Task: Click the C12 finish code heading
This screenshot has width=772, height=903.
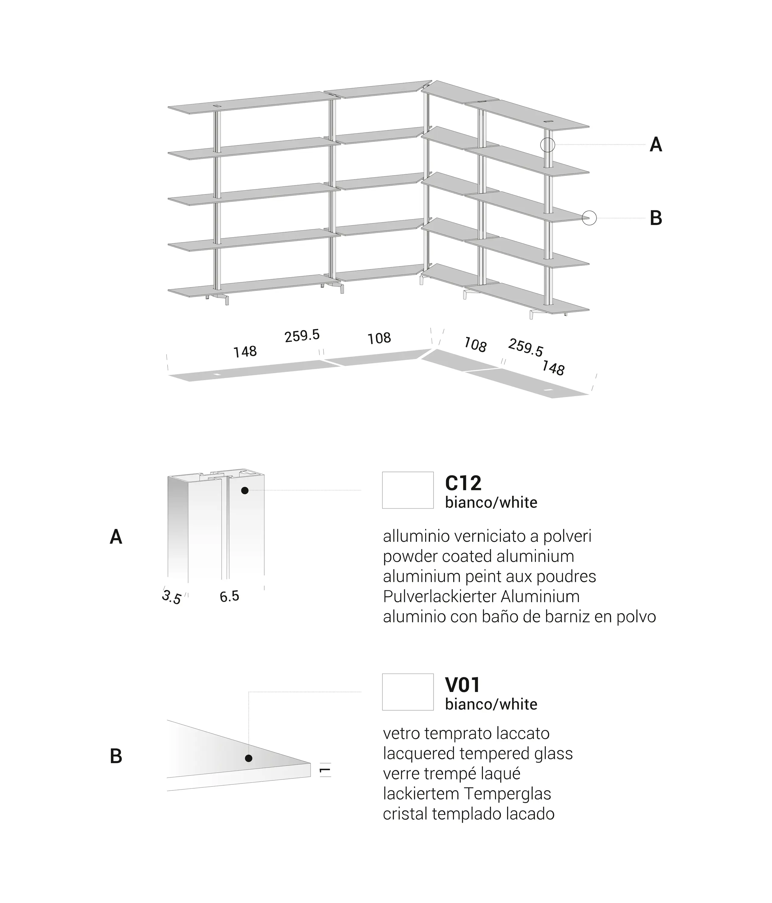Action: tap(463, 483)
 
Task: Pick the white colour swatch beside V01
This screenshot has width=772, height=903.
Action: tap(408, 692)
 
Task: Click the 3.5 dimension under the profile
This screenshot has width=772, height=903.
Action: tap(171, 597)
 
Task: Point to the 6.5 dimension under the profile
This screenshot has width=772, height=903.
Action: tap(229, 597)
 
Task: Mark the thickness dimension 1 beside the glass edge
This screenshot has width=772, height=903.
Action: tap(325, 771)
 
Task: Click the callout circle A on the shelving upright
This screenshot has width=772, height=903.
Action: tap(547, 145)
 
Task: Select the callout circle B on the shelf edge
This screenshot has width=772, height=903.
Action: tap(589, 218)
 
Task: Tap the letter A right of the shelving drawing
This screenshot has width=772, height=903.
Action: tap(655, 145)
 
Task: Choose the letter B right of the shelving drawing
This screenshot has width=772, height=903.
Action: tap(655, 218)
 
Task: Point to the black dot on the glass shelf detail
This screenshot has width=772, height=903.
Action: tap(248, 758)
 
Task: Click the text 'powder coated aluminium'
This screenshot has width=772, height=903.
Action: tap(478, 557)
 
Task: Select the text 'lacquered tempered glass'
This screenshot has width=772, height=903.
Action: tap(478, 753)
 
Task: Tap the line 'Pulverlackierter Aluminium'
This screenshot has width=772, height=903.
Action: tap(481, 596)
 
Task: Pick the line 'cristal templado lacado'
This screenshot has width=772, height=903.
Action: tap(468, 814)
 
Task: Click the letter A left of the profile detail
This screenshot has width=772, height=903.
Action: tap(116, 537)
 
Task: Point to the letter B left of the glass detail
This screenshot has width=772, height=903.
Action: tap(116, 756)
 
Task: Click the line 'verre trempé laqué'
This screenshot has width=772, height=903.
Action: tap(452, 774)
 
